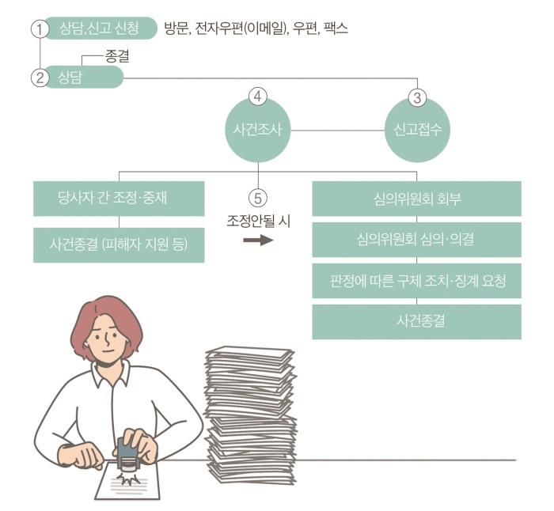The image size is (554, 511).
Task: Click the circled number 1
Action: click(37, 30)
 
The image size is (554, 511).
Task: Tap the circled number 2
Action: click(37, 78)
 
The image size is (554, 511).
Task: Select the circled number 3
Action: click(417, 98)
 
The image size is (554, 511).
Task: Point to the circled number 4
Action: click(258, 97)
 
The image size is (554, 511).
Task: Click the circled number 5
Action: click(258, 197)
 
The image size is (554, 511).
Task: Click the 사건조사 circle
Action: click(258, 130)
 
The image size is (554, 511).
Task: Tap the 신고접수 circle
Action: click(417, 130)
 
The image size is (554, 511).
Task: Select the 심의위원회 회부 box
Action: click(416, 199)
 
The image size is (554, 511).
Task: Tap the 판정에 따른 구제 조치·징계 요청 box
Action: click(416, 281)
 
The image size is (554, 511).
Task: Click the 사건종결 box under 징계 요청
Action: click(416, 322)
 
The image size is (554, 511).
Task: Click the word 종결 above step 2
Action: click(116, 57)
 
